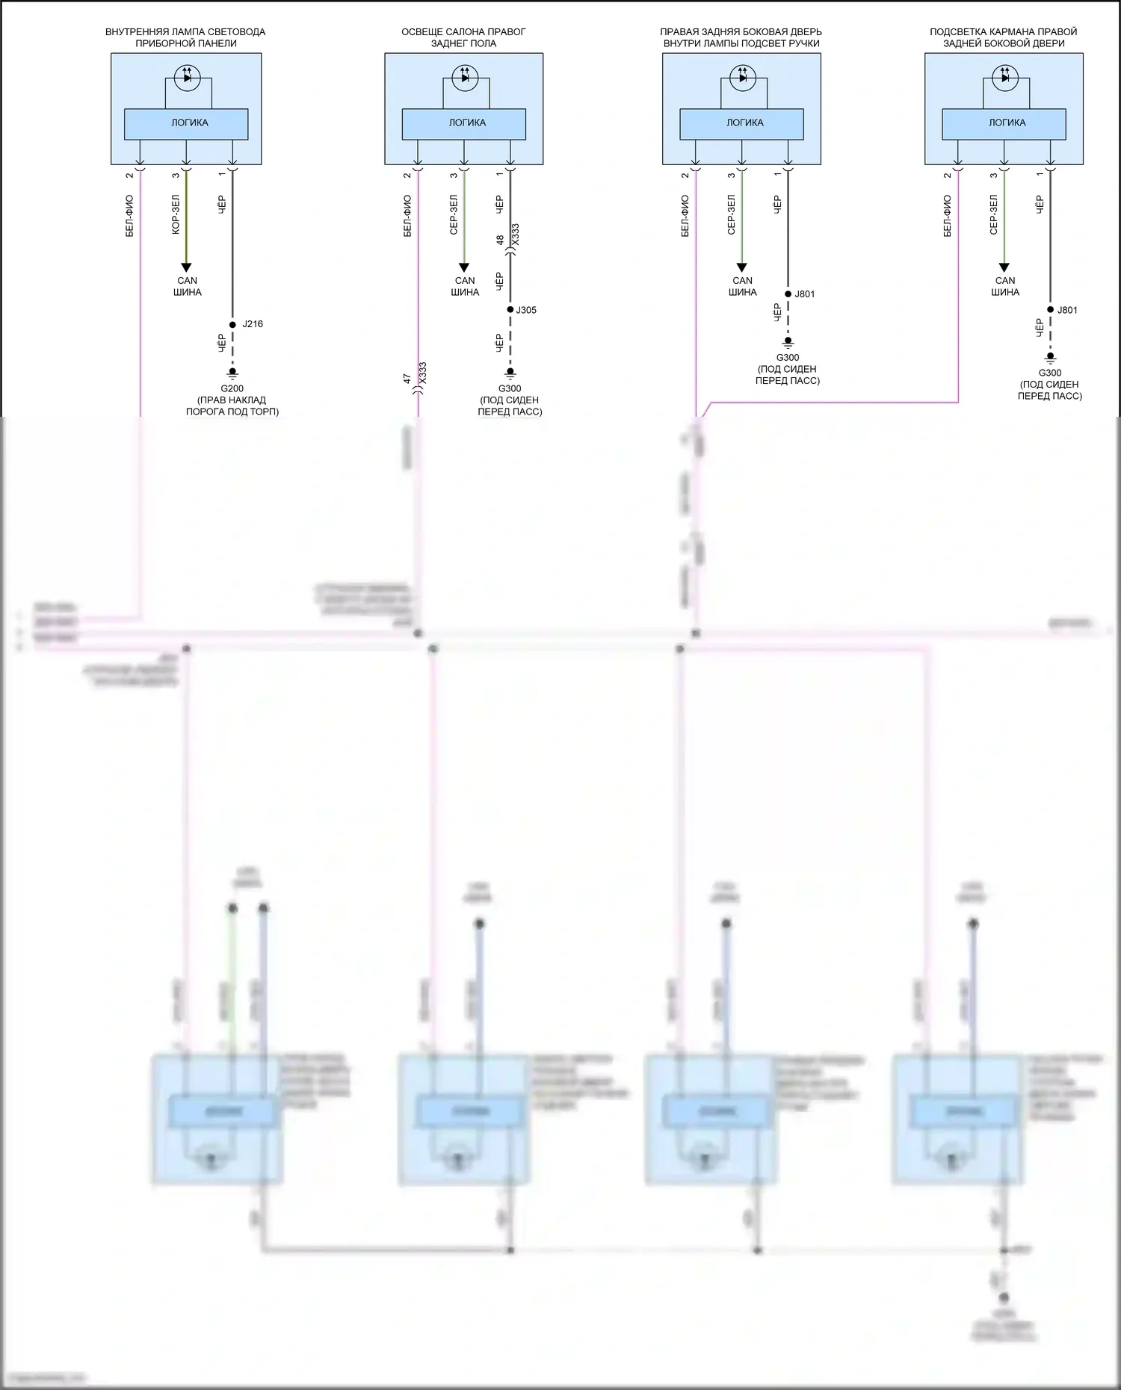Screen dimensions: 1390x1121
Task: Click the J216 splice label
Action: click(x=253, y=324)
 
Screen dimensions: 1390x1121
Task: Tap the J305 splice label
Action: click(x=526, y=310)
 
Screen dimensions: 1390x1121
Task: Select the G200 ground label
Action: click(x=232, y=388)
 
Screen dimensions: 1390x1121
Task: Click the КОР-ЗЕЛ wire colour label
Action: click(x=176, y=215)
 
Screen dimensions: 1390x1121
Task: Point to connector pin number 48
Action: click(x=500, y=241)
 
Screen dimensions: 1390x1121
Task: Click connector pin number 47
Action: click(x=407, y=379)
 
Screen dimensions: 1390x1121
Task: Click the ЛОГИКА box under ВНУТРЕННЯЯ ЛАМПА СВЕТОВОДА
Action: click(x=186, y=123)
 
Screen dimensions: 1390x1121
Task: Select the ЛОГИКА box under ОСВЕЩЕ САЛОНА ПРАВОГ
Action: click(x=464, y=123)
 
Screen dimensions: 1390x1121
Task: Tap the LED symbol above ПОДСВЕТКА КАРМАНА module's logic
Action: click(x=1004, y=77)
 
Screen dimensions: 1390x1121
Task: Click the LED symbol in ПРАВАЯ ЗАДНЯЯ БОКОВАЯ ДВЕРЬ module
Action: click(x=742, y=77)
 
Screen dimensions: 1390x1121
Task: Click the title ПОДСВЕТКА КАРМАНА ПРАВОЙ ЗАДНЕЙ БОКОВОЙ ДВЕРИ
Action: click(x=1003, y=37)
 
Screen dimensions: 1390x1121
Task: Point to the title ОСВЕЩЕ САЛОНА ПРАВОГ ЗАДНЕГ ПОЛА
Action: click(x=463, y=37)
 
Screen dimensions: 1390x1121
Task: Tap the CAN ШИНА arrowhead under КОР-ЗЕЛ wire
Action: click(x=186, y=267)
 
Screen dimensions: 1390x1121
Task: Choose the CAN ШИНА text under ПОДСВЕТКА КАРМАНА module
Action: click(x=1005, y=286)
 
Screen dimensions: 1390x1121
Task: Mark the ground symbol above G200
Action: click(x=232, y=372)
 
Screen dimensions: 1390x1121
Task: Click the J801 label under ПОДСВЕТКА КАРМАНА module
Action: click(x=1067, y=310)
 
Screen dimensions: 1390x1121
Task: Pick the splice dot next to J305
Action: click(x=510, y=309)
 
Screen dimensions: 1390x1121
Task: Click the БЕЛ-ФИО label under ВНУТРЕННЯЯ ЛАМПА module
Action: click(x=130, y=216)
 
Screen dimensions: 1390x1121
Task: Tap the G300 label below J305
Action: click(x=510, y=388)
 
